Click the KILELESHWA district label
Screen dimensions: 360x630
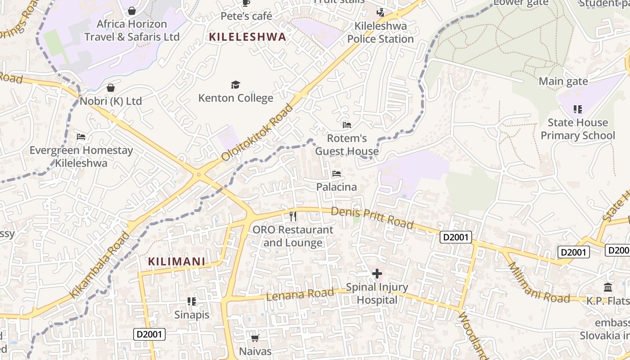tap(247, 37)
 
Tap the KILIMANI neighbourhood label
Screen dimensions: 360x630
tap(176, 261)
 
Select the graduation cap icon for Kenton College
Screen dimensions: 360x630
tap(235, 85)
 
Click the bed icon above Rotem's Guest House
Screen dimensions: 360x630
tap(346, 125)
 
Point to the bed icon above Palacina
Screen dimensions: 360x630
tap(336, 174)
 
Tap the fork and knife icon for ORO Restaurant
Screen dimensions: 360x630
tap(293, 216)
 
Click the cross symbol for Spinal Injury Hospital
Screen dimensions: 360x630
tap(377, 273)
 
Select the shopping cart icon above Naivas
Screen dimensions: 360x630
tap(255, 337)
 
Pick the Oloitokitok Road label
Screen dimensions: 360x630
tap(257, 132)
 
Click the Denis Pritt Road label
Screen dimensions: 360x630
tap(372, 218)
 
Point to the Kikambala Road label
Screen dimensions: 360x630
tap(100, 265)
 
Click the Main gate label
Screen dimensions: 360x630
tap(563, 81)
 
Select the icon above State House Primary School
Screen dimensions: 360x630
tap(578, 109)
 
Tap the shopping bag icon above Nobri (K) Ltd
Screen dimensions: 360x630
tap(111, 88)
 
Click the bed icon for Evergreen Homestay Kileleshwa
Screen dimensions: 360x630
tap(81, 137)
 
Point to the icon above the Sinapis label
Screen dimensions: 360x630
tap(192, 301)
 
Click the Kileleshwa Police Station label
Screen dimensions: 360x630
tap(380, 32)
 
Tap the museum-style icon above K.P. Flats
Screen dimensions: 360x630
tap(608, 287)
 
